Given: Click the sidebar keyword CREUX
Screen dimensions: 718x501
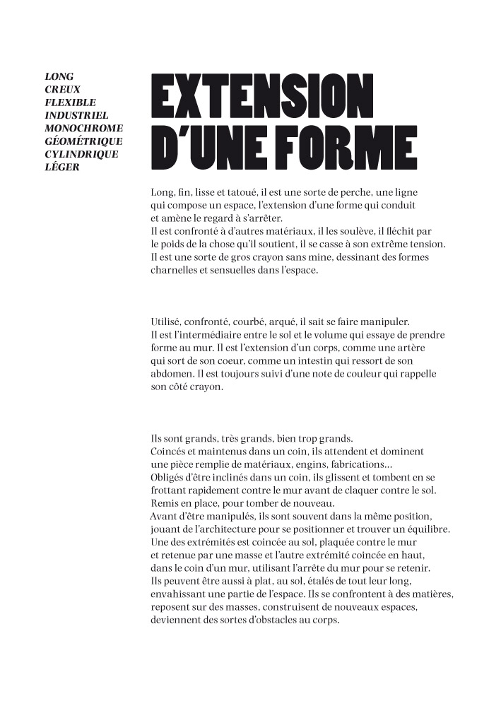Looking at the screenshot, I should point(63,89).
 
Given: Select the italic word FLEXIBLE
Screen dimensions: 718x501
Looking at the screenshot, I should point(70,102).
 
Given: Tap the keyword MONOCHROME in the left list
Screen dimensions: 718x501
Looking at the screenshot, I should point(83,128).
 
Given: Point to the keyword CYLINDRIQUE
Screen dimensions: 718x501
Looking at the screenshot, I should point(81,154).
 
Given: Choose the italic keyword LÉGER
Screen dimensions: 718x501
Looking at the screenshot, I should point(62,167).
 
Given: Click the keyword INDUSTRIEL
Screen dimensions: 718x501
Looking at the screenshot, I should point(76,114).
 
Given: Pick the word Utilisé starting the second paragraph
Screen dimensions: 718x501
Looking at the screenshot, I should point(168,322).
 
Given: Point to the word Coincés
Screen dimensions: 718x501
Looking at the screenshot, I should point(170,451).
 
